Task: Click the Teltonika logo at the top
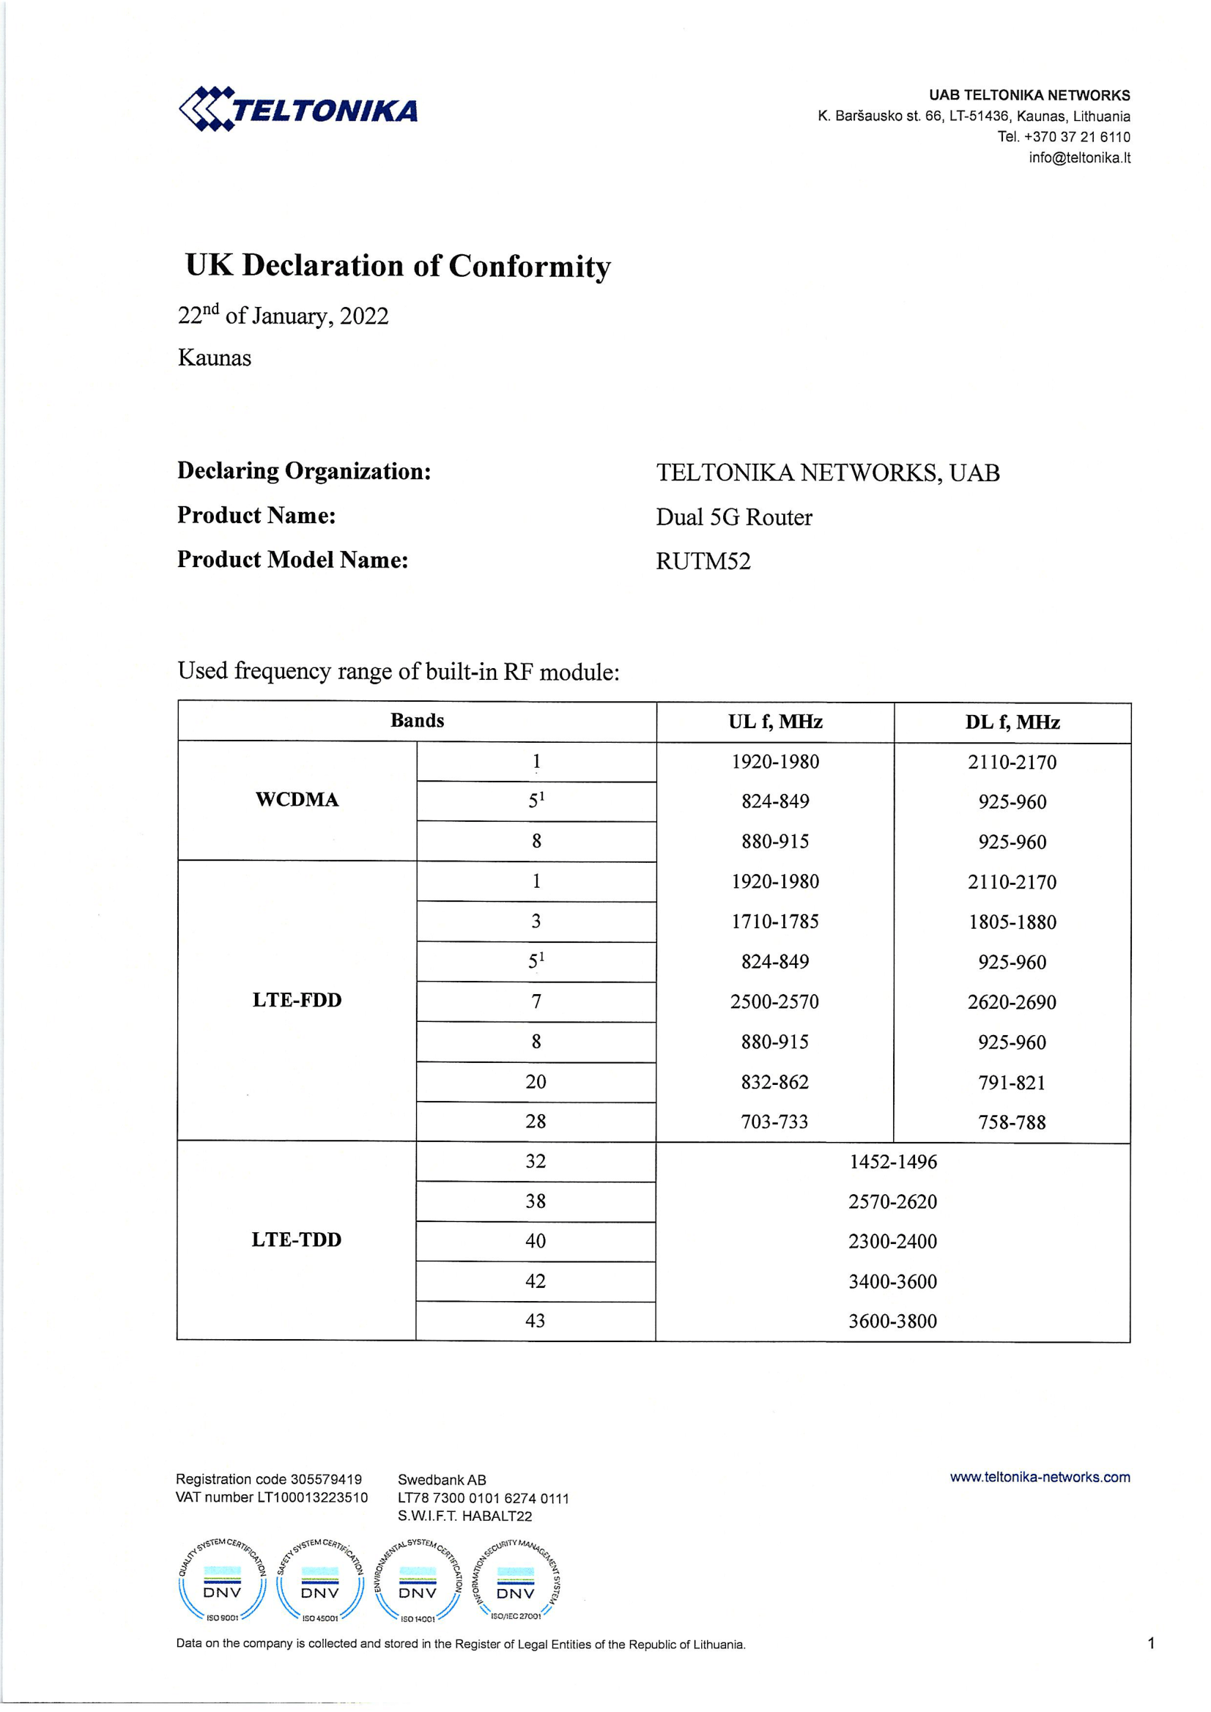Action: tap(298, 109)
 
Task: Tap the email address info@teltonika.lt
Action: tap(1079, 158)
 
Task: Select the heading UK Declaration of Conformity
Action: tap(398, 266)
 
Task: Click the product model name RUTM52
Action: tap(703, 561)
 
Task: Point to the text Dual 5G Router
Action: tap(734, 517)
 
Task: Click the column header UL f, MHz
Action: tap(775, 722)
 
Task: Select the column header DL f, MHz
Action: tap(1012, 722)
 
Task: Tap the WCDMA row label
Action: tap(297, 800)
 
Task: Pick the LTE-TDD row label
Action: tap(296, 1239)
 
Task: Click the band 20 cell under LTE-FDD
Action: tap(536, 1082)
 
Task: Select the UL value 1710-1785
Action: tap(775, 922)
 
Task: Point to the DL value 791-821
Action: tap(1012, 1083)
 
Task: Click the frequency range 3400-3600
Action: tap(892, 1282)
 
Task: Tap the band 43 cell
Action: tap(536, 1322)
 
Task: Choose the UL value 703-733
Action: tap(775, 1122)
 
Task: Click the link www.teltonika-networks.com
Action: tap(1040, 1477)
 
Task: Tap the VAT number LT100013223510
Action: tap(312, 1497)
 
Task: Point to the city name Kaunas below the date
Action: tap(215, 359)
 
